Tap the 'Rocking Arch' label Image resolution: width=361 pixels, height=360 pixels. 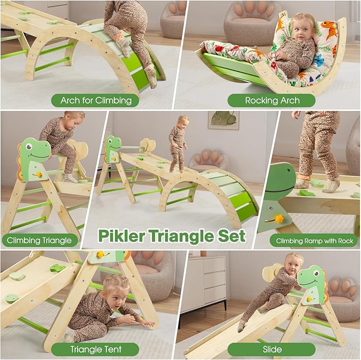(x=272, y=100)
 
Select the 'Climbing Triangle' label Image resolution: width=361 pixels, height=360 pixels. (x=39, y=240)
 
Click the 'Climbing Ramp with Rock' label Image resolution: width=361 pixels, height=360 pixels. (x=314, y=241)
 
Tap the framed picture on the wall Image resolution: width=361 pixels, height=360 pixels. (x=223, y=120)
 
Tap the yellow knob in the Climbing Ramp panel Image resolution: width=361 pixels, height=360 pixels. (x=278, y=218)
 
